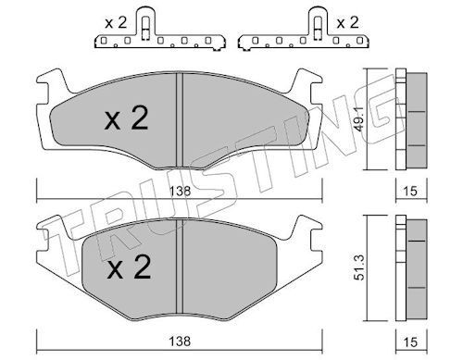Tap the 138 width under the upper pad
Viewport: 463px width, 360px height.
coord(181,191)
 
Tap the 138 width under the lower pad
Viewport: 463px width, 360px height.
coord(181,341)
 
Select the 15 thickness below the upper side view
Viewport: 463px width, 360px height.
coord(410,192)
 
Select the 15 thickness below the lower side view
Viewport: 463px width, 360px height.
coord(410,341)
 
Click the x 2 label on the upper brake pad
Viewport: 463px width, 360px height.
coord(127,118)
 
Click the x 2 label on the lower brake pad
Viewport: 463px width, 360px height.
coord(129,267)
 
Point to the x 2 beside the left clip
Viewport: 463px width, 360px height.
coord(116,23)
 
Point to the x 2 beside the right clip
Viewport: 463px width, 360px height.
coord(347,23)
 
